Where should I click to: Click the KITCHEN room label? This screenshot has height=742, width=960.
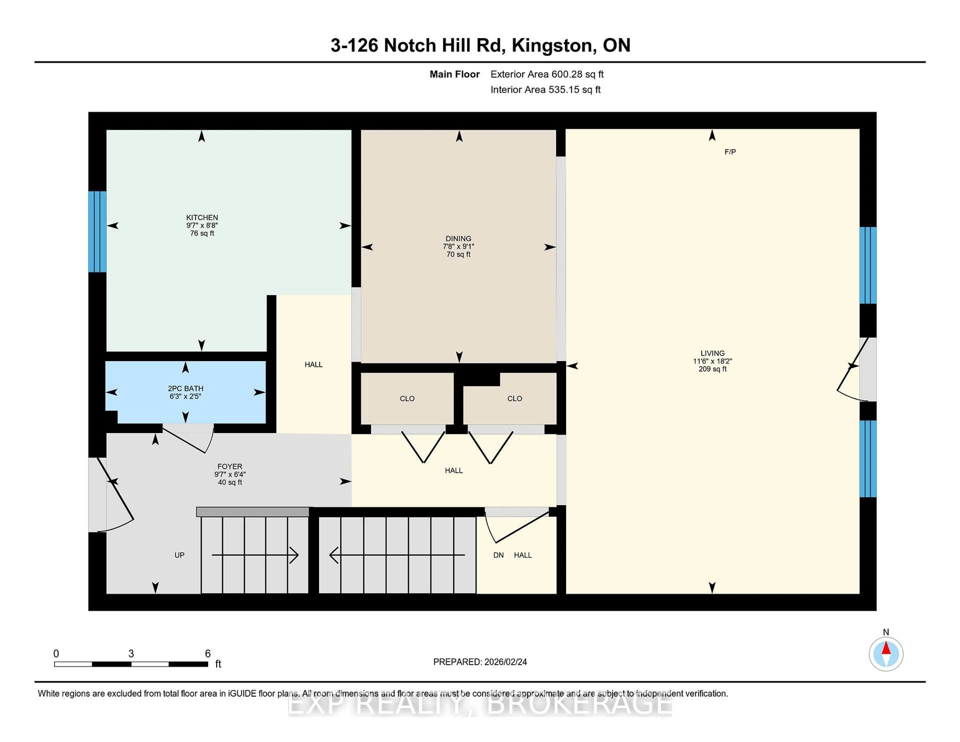point(202,217)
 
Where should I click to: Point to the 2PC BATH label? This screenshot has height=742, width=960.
point(185,388)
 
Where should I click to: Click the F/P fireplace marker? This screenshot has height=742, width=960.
point(730,152)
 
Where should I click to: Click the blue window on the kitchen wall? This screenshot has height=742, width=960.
point(97,232)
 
